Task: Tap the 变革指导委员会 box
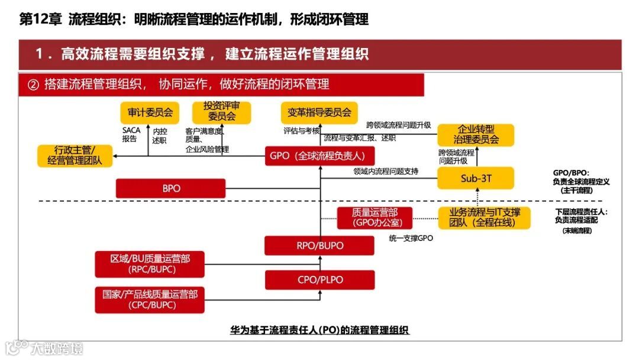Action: click(x=319, y=111)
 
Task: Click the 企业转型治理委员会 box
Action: click(x=476, y=134)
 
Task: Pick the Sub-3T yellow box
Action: click(x=476, y=178)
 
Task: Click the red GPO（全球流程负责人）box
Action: click(x=319, y=156)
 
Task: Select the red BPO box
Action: click(x=170, y=189)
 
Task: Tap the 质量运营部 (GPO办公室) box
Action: click(x=374, y=217)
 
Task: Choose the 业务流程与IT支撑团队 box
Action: click(x=484, y=217)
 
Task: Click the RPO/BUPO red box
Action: click(x=319, y=245)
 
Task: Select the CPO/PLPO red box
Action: click(x=319, y=279)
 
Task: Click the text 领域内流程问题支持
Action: click(x=386, y=172)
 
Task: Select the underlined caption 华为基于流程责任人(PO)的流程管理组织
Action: click(x=319, y=330)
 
